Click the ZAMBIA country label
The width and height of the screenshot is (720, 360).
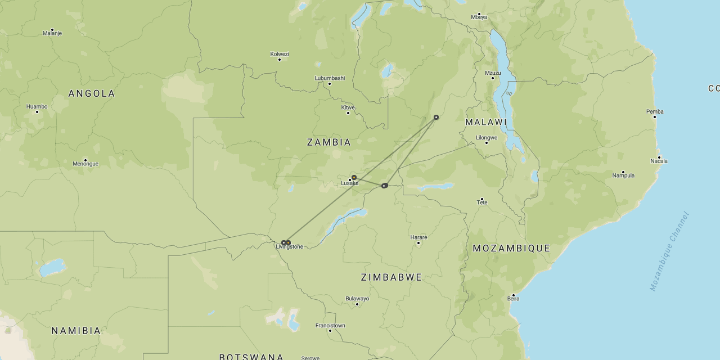[329, 142]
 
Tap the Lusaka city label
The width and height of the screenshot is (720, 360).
[349, 183]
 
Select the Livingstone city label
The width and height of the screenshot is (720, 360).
[290, 247]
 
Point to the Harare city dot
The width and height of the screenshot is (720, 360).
[418, 243]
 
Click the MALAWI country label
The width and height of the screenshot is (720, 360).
[486, 122]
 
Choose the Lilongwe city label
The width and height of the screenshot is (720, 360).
[487, 138]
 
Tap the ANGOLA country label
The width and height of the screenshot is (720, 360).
[92, 93]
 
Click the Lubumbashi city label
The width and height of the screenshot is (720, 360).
[330, 78]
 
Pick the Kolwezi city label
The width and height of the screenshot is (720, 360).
[280, 54]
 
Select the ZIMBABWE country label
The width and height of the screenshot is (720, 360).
[391, 277]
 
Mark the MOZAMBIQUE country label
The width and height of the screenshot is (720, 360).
[511, 248]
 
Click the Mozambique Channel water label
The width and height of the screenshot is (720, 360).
[669, 251]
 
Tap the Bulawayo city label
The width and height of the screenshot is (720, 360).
[357, 299]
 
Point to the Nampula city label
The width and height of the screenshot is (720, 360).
[623, 175]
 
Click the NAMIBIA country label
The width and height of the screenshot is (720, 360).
[76, 331]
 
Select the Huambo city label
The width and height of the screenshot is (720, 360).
[37, 106]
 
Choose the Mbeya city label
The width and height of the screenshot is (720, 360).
[479, 17]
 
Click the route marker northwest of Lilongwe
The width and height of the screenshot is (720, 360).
[436, 118]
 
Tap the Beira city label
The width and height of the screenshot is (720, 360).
[513, 299]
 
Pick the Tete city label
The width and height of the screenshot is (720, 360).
[482, 202]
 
